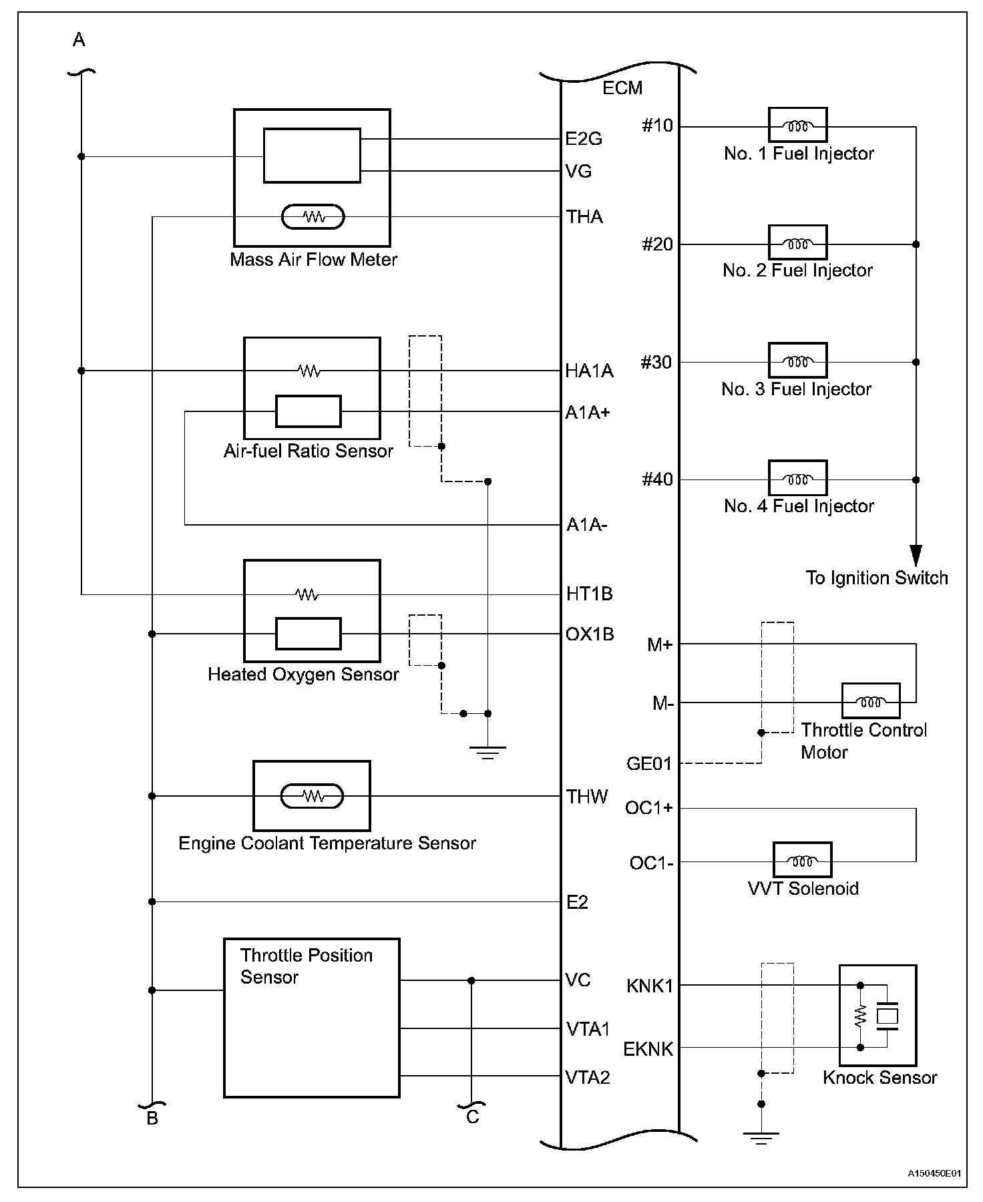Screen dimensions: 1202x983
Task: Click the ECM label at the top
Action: (622, 87)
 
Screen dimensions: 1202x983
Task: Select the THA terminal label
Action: (584, 216)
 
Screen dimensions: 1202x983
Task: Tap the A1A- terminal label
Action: (586, 525)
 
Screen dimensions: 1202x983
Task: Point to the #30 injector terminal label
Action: (656, 362)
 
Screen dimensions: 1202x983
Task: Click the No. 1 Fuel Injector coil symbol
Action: (797, 126)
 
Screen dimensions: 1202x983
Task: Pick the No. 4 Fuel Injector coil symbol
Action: (797, 478)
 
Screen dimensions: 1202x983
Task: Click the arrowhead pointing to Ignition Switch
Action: (916, 556)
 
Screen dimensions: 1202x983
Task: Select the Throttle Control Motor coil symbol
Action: (870, 701)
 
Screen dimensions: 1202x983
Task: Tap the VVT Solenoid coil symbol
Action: (802, 860)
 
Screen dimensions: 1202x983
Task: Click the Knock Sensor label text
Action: (879, 1077)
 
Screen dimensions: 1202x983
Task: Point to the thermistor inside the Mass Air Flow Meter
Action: (313, 217)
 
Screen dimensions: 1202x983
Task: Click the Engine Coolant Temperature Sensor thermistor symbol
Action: (312, 795)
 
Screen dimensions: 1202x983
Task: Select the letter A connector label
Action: (79, 41)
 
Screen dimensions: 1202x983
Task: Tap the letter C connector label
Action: (472, 1117)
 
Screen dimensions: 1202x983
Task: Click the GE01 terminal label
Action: (648, 763)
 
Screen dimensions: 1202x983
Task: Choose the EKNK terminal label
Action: (648, 1049)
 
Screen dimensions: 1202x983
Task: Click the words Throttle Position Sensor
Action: (306, 966)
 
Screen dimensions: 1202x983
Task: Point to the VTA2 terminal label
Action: (588, 1077)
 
